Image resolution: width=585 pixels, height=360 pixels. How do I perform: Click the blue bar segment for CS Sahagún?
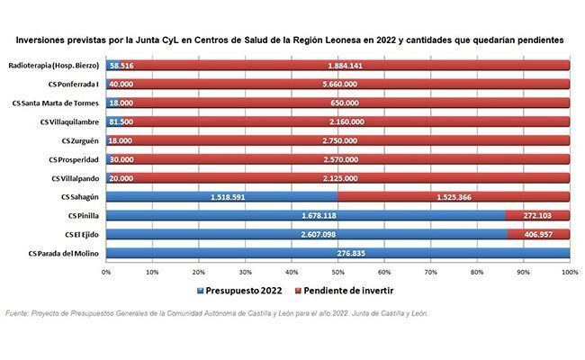pos(221,197)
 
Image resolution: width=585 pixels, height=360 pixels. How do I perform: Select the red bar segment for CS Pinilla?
pos(537,216)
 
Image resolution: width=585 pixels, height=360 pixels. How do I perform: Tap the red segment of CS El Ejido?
pos(538,235)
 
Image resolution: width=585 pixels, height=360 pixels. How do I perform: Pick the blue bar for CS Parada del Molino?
pos(337,254)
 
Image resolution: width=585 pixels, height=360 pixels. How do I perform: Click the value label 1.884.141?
pos(337,66)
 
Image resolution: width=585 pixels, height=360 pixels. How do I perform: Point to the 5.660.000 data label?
pos(337,85)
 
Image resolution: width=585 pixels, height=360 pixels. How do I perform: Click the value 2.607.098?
pos(308,235)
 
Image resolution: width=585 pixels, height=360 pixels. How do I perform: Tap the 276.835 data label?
pos(337,254)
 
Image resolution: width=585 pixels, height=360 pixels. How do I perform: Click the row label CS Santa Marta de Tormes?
pos(58,103)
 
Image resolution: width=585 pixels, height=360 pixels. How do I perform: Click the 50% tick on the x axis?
pos(337,271)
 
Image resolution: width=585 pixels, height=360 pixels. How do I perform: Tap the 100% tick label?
pos(568,271)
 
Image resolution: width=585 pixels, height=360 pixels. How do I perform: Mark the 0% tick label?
pos(106,271)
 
